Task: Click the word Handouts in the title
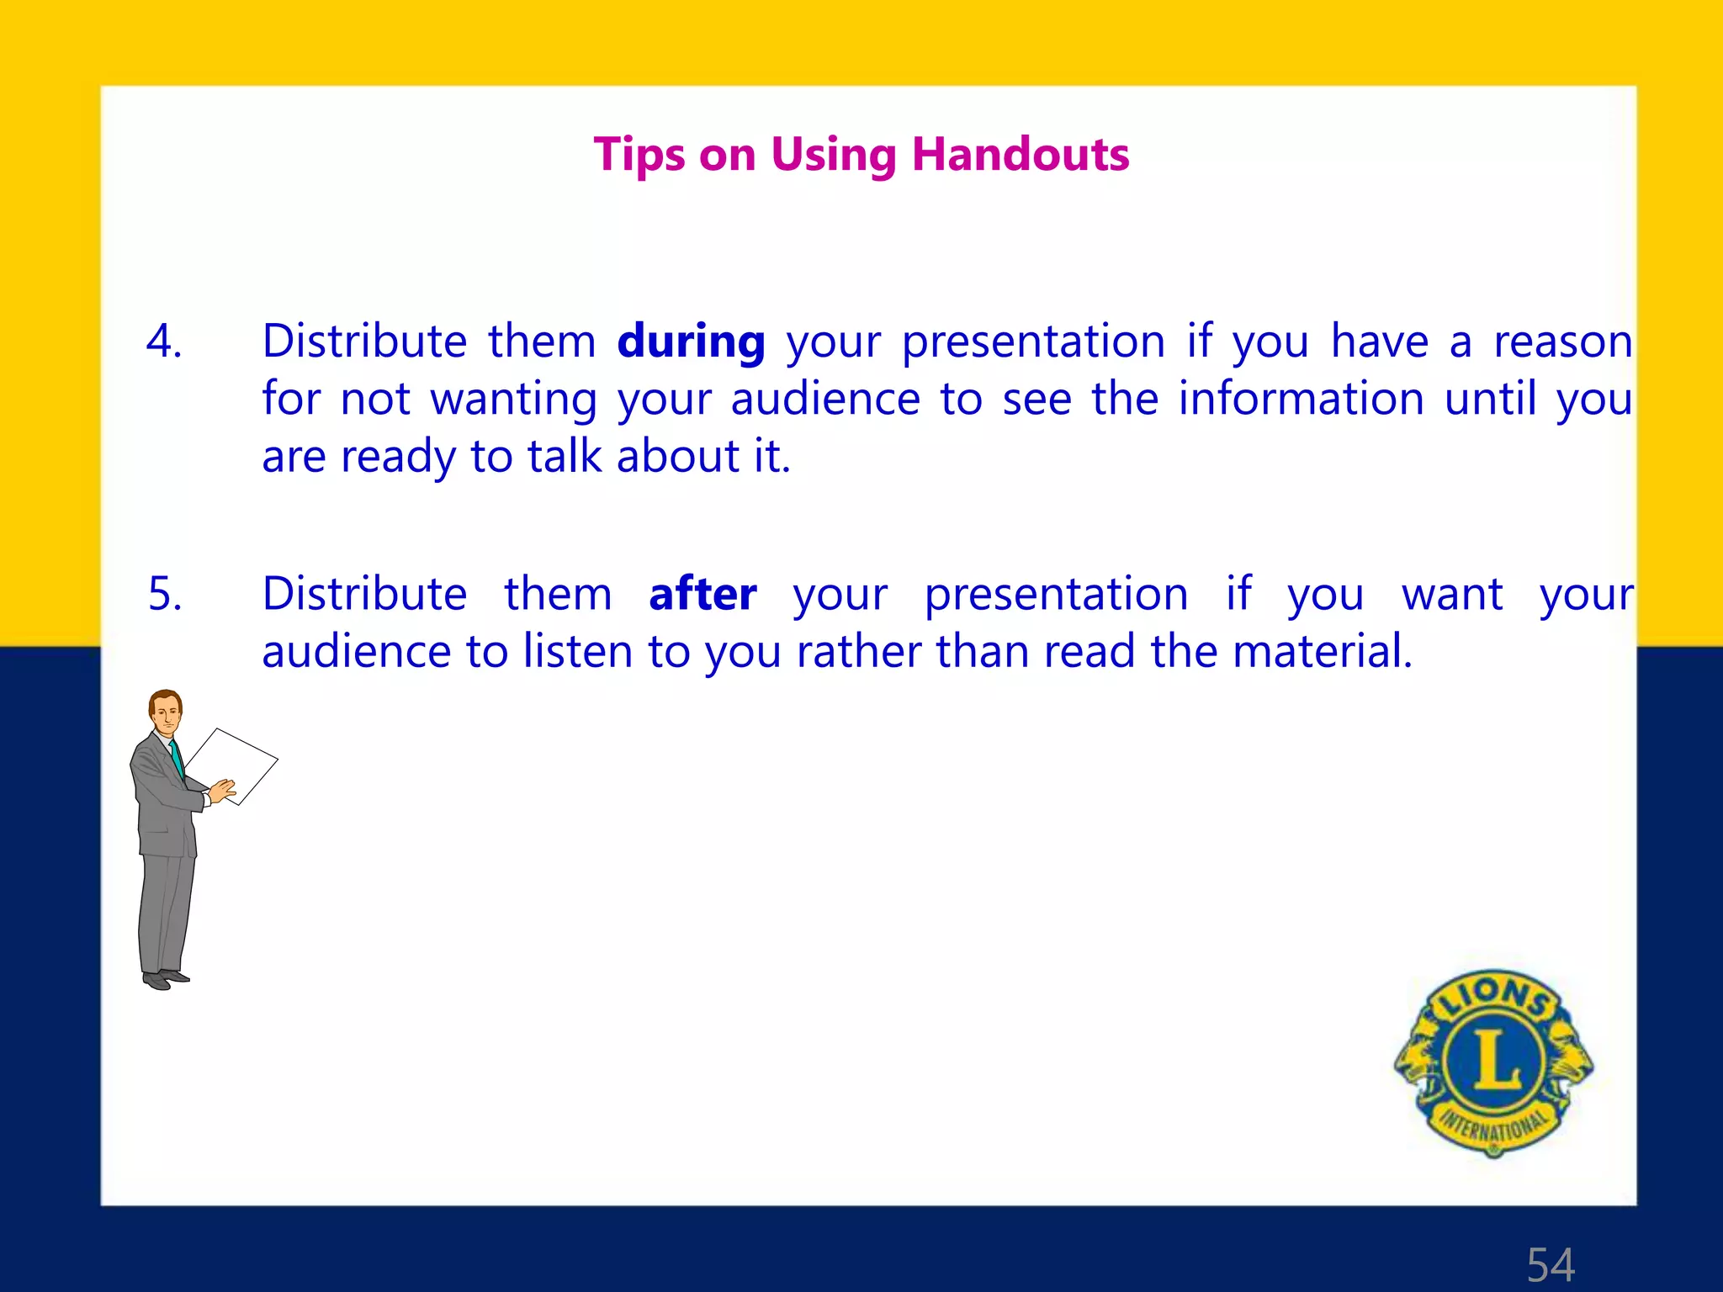(1021, 155)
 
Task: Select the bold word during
(691, 342)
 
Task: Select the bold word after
(702, 594)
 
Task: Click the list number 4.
(164, 342)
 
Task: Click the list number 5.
(165, 594)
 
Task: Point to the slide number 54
(1551, 1264)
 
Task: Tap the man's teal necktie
(177, 758)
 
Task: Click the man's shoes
(165, 979)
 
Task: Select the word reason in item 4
(1563, 342)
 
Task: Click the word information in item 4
(1301, 399)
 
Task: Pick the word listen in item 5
(577, 651)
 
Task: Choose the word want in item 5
(1452, 594)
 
